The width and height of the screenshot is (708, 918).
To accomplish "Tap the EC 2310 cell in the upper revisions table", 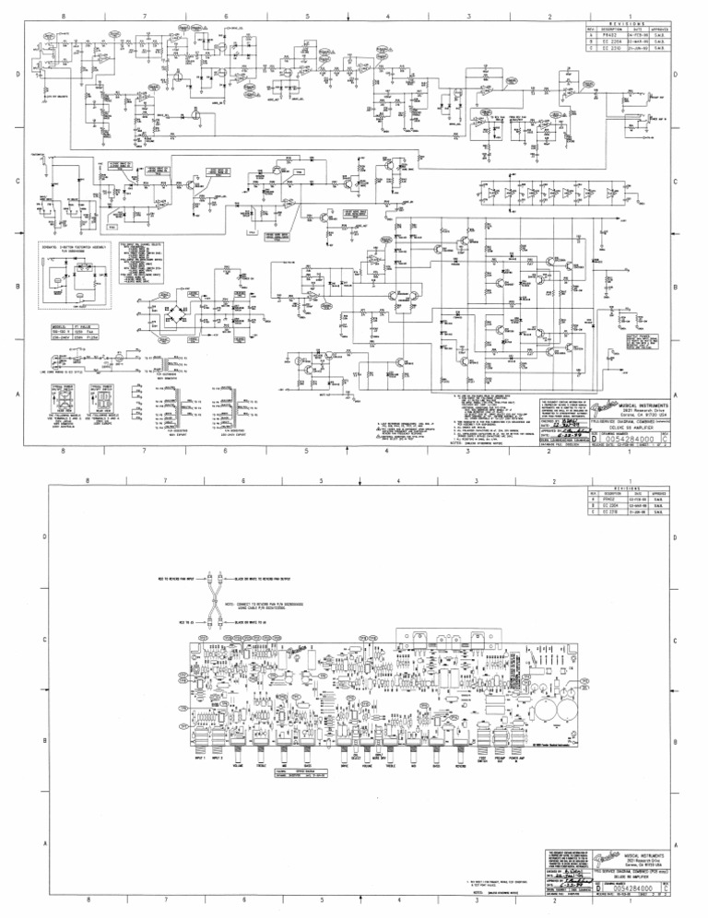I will (608, 49).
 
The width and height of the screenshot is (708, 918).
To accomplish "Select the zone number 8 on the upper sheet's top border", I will (63, 18).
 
